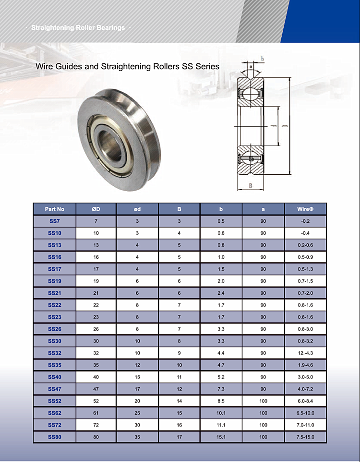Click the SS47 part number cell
click(x=55, y=389)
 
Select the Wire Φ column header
click(x=305, y=209)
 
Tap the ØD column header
click(x=96, y=209)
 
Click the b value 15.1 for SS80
click(x=221, y=437)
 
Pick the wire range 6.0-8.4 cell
click(x=305, y=401)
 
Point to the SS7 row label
click(x=55, y=221)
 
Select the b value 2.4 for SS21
click(x=221, y=293)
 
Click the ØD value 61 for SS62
click(x=96, y=413)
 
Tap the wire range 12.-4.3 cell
click(x=305, y=353)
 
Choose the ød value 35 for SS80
click(x=137, y=437)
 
